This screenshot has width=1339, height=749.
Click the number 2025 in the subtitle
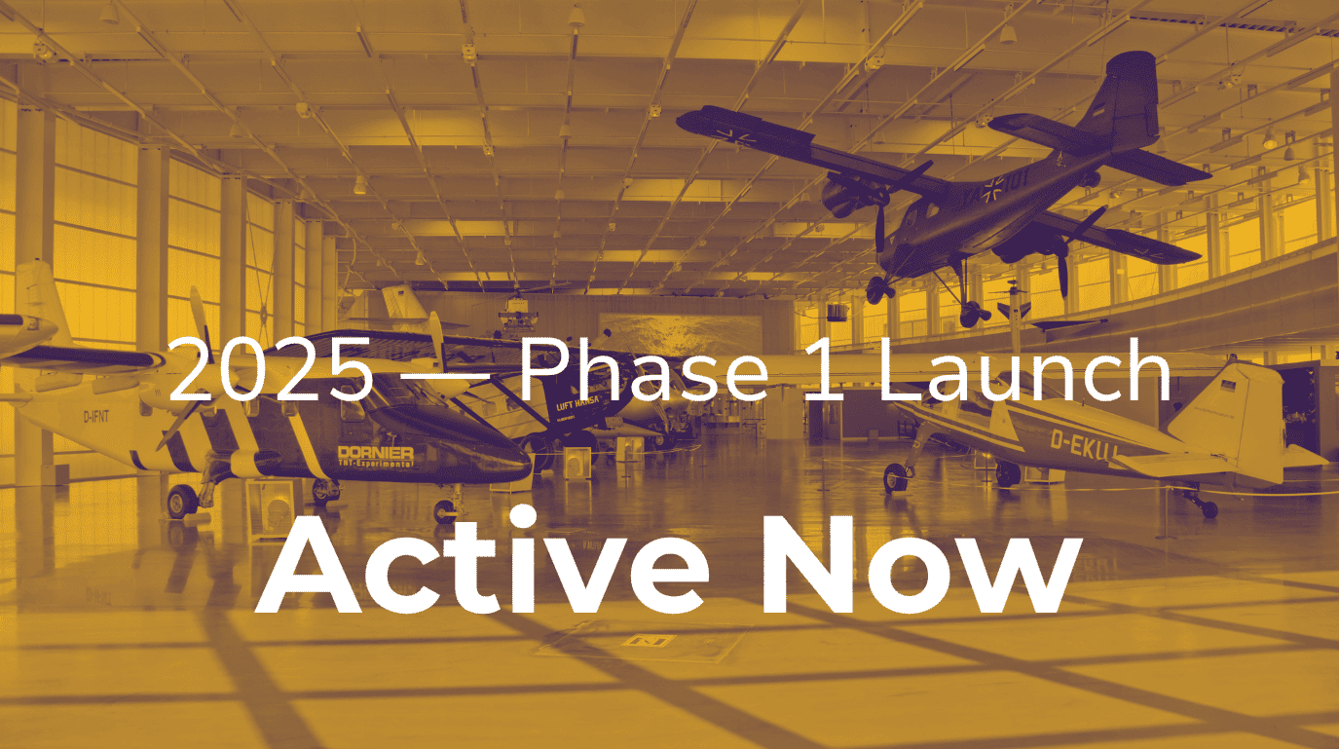(272, 369)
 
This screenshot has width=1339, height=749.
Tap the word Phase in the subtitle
(645, 369)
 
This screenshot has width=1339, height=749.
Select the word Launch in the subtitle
(1024, 369)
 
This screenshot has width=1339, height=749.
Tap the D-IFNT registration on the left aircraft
(96, 416)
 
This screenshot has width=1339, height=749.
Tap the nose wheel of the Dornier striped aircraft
(444, 511)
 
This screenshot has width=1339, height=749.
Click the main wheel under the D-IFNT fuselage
(181, 501)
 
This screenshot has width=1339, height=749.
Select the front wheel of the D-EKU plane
(895, 478)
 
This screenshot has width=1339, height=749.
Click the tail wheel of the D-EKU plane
(1209, 509)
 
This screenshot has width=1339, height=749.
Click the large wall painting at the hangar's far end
(680, 335)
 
